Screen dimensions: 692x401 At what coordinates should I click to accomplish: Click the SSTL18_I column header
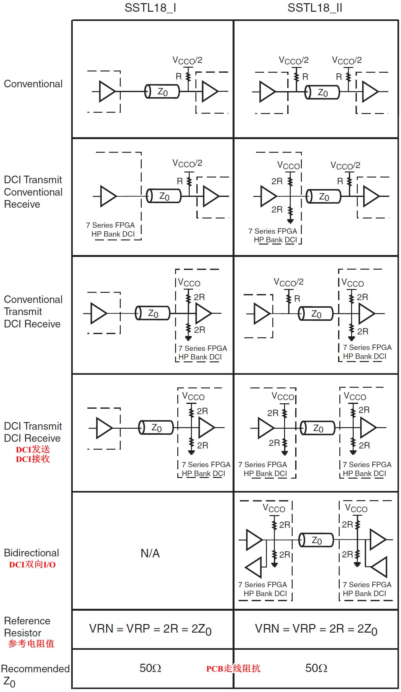[x=150, y=8]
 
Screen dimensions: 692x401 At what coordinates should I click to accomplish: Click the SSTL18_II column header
[x=315, y=8]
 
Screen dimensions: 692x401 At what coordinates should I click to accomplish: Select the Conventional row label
[x=33, y=84]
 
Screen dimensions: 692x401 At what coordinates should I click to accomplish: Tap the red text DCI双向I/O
[x=32, y=564]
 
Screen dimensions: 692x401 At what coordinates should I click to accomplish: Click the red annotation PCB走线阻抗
[x=233, y=668]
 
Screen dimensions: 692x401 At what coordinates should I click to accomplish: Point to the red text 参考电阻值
[x=31, y=644]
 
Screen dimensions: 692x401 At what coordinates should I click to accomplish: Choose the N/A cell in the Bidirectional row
[x=150, y=554]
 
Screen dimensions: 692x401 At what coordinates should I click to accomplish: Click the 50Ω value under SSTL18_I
[x=150, y=668]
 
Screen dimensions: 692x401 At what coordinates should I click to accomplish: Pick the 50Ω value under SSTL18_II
[x=316, y=668]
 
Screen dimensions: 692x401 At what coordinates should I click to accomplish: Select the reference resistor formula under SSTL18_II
[x=316, y=629]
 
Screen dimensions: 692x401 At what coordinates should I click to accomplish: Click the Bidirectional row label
[x=31, y=553]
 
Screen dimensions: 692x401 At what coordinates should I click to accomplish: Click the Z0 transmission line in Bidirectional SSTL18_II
[x=316, y=540]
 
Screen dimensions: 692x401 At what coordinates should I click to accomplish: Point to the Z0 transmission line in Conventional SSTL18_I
[x=162, y=92]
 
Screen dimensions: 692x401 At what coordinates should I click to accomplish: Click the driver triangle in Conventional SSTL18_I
[x=107, y=91]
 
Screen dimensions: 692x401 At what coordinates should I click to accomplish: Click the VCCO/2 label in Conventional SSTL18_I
[x=187, y=60]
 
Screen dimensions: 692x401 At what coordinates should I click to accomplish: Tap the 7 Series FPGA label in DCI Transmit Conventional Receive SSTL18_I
[x=110, y=225]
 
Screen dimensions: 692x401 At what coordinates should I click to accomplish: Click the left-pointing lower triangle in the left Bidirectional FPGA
[x=255, y=567]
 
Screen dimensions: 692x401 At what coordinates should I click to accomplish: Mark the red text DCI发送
[x=33, y=449]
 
